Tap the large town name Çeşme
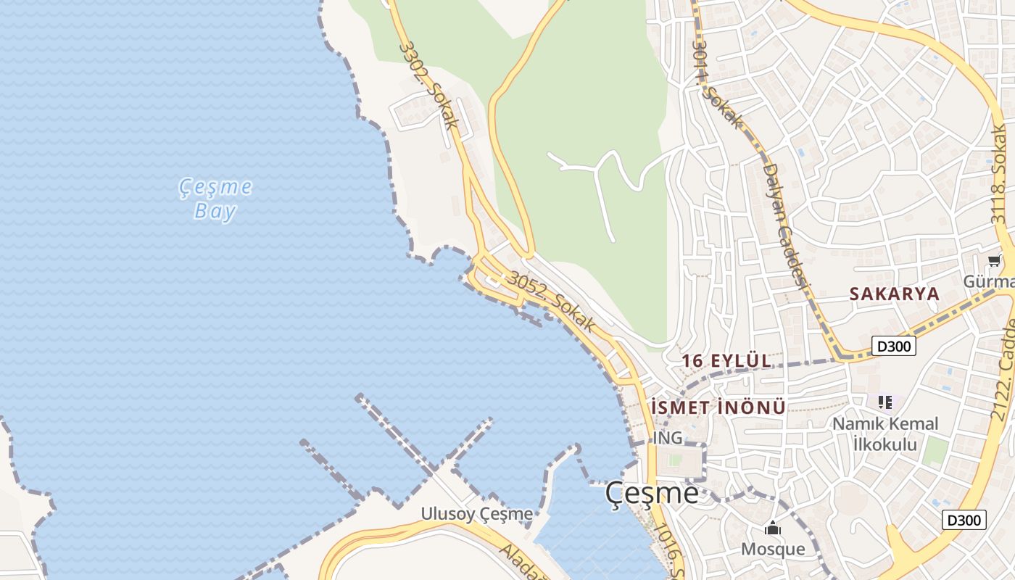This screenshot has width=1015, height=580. pyautogui.click(x=652, y=494)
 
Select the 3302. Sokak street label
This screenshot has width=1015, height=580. pyautogui.click(x=429, y=85)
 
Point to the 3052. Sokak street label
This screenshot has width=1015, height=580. pyautogui.click(x=552, y=302)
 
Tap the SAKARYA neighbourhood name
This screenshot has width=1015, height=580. pyautogui.click(x=894, y=294)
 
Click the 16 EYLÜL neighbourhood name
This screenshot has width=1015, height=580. pyautogui.click(x=726, y=360)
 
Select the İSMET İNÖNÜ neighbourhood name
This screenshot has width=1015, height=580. pyautogui.click(x=718, y=407)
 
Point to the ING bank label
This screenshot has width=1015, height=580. pyautogui.click(x=668, y=438)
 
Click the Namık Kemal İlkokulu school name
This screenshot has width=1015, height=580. pyautogui.click(x=884, y=434)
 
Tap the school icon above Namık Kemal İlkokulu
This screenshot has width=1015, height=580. pyautogui.click(x=884, y=402)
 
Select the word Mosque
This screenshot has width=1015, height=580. pyautogui.click(x=773, y=549)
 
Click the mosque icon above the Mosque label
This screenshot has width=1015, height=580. pyautogui.click(x=773, y=529)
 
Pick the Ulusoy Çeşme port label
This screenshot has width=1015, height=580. pyautogui.click(x=477, y=514)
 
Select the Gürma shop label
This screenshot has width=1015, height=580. pyautogui.click(x=989, y=281)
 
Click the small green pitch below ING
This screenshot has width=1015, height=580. pyautogui.click(x=676, y=461)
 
